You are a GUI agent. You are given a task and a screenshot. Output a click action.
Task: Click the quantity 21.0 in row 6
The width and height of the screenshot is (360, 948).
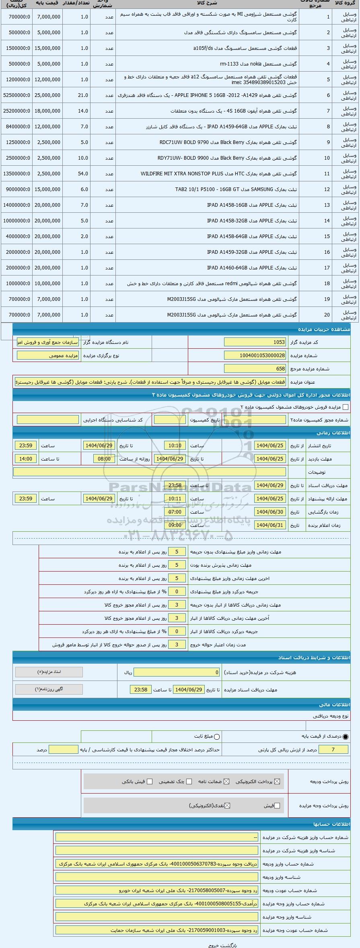point(83,95)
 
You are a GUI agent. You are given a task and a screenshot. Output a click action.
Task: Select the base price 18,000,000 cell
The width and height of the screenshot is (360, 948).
point(49,111)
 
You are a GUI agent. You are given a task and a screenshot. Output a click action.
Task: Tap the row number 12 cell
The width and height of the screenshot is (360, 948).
point(327,189)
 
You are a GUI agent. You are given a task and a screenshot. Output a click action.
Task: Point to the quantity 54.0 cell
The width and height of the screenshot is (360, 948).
point(83,174)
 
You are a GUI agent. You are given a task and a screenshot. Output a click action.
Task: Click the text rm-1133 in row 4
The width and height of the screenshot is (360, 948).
point(229,64)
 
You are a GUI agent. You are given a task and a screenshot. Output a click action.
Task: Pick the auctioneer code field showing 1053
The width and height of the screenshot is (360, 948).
point(255,342)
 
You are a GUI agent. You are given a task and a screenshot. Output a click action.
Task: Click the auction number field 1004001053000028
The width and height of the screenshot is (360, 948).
point(255,356)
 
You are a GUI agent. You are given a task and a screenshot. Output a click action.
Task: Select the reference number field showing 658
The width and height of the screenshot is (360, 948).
point(255,369)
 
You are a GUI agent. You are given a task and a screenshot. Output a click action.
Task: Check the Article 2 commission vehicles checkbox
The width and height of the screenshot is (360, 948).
point(345,407)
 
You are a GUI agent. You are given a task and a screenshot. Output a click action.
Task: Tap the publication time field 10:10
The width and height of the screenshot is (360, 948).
point(175,446)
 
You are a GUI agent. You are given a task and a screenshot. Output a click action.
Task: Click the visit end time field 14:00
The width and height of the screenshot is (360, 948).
point(26,459)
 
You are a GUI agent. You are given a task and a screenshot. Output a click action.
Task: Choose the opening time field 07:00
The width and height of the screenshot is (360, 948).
point(175,512)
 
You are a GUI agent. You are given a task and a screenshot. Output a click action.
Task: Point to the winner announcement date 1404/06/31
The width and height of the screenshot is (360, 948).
point(270,525)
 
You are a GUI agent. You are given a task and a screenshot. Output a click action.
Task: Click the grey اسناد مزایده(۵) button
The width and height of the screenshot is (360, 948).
point(49,672)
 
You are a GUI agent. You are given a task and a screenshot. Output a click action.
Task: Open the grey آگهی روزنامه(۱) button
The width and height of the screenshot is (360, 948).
point(49,689)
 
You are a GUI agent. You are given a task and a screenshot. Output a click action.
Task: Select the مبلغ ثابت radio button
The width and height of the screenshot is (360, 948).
point(217,737)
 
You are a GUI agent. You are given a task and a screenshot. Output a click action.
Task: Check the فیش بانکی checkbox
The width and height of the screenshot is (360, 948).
point(150,781)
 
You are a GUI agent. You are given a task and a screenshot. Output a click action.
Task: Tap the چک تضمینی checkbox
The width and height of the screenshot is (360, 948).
point(189,781)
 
